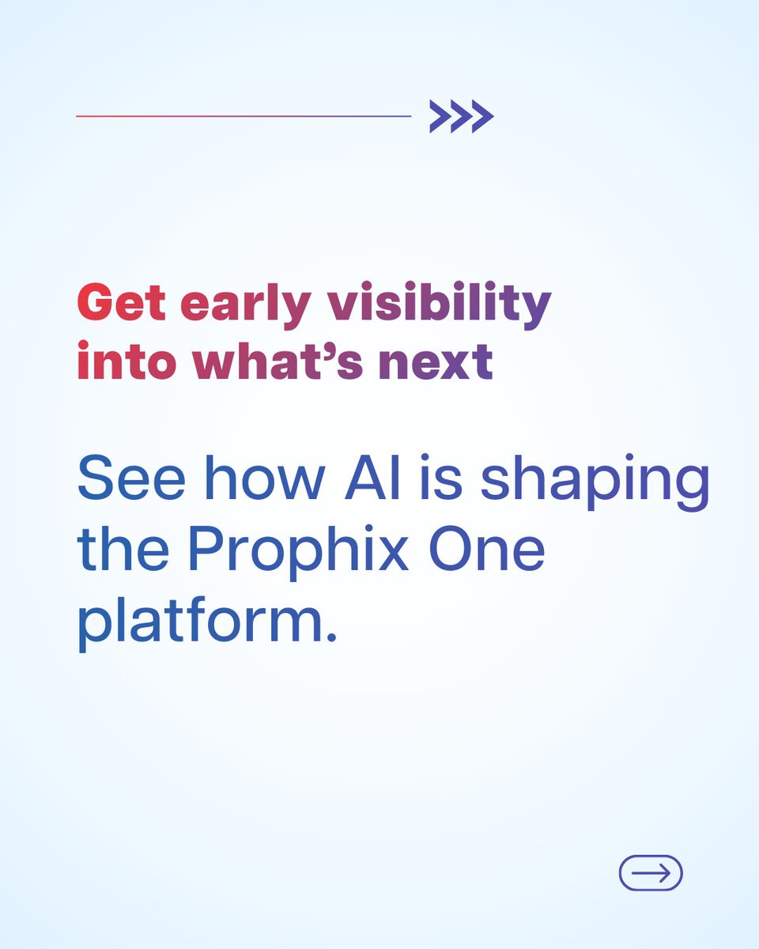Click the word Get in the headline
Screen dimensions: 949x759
coord(121,304)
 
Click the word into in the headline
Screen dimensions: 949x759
coord(126,361)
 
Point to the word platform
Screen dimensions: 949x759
coord(196,623)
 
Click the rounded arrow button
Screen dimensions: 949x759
coord(651,873)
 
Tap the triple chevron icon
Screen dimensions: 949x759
coord(462,117)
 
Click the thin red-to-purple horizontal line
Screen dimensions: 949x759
coord(244,116)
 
